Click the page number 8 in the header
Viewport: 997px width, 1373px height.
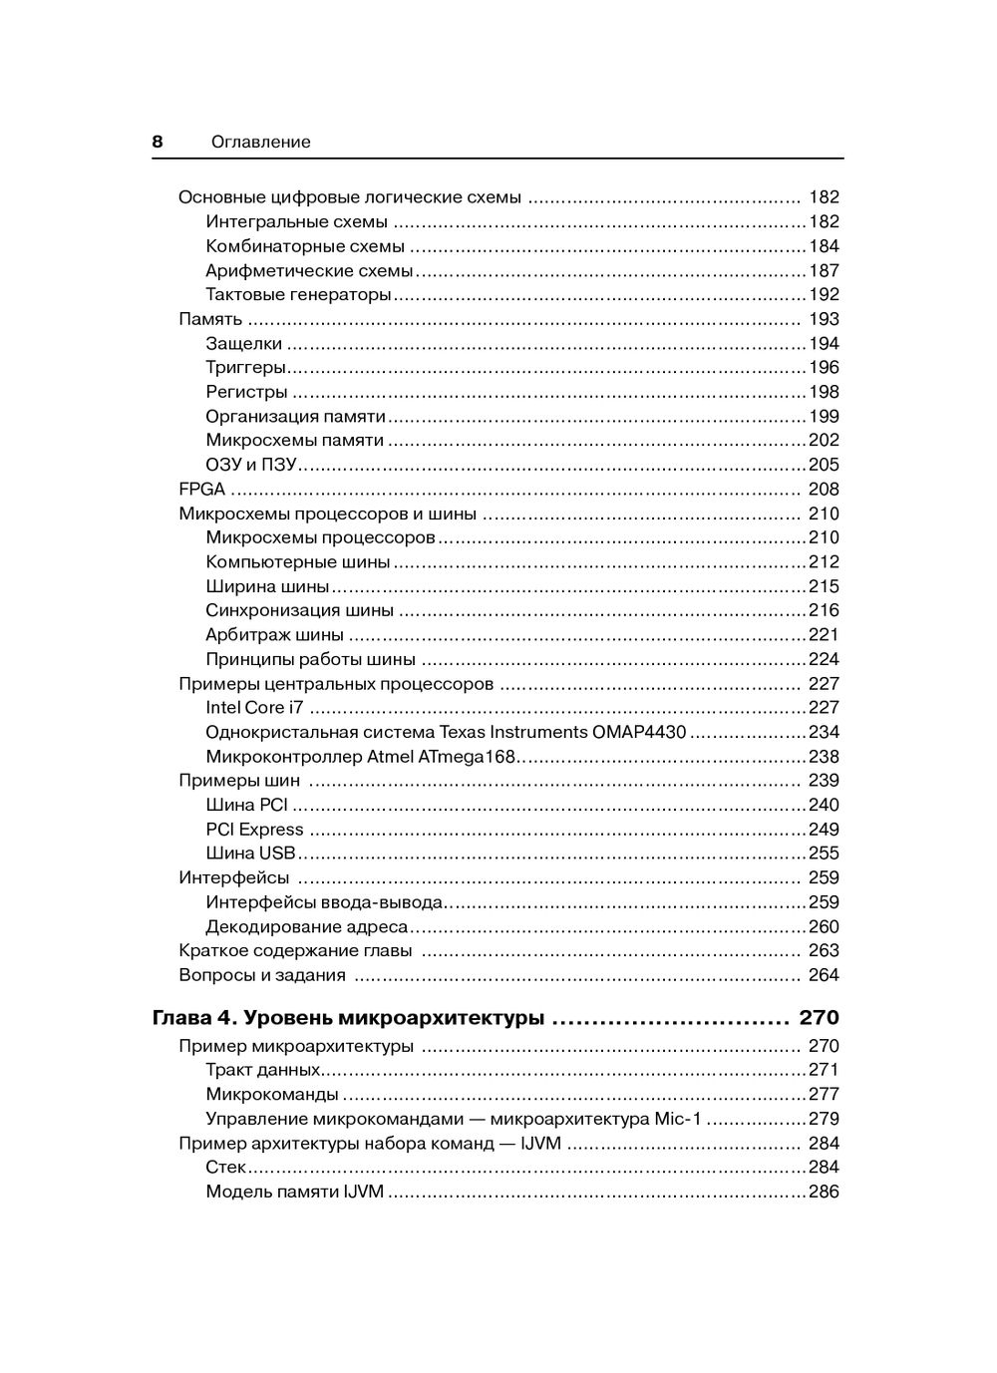[158, 142]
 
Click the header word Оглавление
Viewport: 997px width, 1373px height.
[260, 143]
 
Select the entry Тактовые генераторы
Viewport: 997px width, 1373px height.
[298, 295]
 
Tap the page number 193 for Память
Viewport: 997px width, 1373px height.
[824, 319]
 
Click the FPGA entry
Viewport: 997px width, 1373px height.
[201, 490]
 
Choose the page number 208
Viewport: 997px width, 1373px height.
[824, 490]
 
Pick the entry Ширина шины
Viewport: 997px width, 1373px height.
[267, 586]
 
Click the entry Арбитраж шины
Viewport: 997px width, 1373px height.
[274, 635]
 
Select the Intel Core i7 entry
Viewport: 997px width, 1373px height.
[254, 708]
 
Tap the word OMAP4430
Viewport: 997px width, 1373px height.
[639, 732]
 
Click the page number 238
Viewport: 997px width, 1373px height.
[824, 757]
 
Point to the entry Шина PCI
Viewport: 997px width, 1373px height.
[246, 805]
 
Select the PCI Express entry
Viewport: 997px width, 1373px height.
[254, 830]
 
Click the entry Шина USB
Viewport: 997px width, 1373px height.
[250, 854]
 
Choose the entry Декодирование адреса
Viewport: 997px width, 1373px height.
[306, 926]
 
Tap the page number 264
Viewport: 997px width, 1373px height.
[824, 975]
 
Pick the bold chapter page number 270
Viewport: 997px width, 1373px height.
[819, 1018]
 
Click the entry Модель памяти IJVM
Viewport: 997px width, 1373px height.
[294, 1192]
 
